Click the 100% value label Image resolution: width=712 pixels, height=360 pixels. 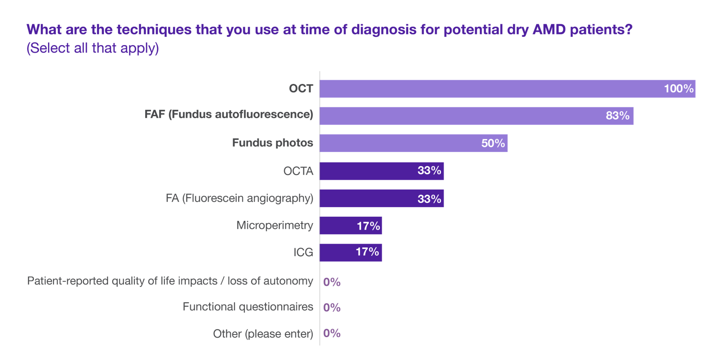pos(679,89)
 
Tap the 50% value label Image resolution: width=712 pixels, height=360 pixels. pos(493,143)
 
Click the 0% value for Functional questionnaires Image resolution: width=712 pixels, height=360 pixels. pos(332,308)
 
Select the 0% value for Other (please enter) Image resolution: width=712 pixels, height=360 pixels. pos(332,333)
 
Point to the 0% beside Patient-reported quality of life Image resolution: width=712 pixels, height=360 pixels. pos(332,282)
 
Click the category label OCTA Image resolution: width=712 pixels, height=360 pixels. pos(298,171)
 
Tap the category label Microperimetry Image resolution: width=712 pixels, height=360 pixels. pos(275,226)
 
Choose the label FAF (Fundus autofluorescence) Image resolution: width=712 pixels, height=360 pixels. pos(229,114)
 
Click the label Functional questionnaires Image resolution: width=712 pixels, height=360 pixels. pos(248,307)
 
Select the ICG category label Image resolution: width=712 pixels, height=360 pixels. pos(303,252)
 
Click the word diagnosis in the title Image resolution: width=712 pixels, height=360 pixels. pos(384,30)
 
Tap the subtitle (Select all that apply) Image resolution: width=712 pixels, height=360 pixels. pos(93,48)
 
